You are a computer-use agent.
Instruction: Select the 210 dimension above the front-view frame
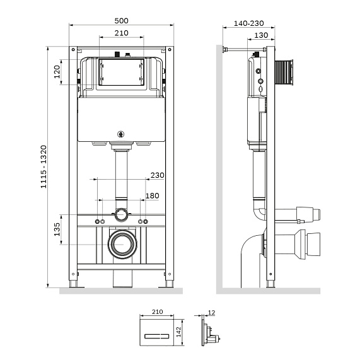[122, 33]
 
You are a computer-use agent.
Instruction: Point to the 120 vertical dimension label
[57, 69]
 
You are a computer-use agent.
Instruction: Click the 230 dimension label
[158, 175]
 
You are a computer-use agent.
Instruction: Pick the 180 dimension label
[153, 196]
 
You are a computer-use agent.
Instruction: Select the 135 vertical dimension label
[57, 229]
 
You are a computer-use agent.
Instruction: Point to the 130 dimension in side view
[258, 35]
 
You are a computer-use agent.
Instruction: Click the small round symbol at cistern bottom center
[122, 133]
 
